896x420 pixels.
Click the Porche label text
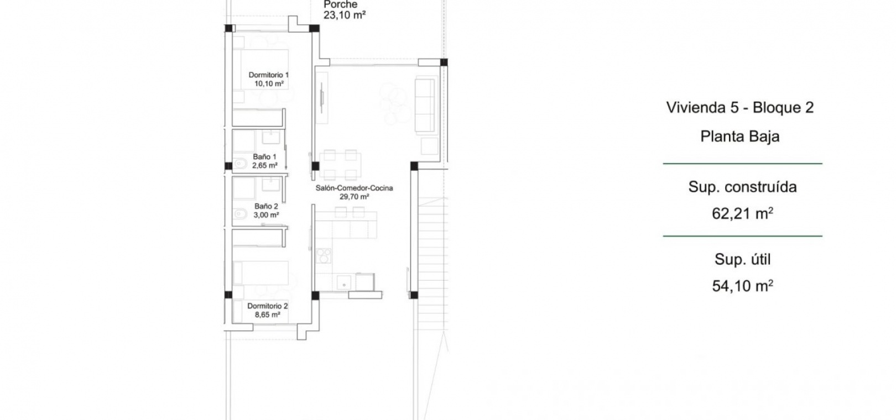tap(340, 4)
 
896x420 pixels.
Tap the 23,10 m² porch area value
tap(345, 15)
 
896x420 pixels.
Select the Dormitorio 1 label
tap(268, 75)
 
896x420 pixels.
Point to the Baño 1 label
tap(264, 157)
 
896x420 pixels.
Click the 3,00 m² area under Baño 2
tap(266, 215)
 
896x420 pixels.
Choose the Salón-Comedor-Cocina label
tap(354, 188)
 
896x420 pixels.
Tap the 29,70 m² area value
tap(354, 197)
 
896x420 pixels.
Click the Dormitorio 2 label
tap(267, 306)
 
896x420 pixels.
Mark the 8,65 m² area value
tap(267, 315)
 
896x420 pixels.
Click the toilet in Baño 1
tap(239, 164)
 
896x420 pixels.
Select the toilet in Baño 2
tap(239, 214)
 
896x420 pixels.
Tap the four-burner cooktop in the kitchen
tap(324, 256)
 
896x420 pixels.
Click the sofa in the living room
tap(425, 105)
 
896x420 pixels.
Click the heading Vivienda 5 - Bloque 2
tap(740, 108)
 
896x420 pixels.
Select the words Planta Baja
tap(740, 136)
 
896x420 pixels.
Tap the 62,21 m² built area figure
tap(742, 214)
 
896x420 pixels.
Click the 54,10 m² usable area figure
tap(742, 286)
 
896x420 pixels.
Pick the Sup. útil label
tap(742, 260)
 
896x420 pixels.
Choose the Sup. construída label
tap(742, 187)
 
